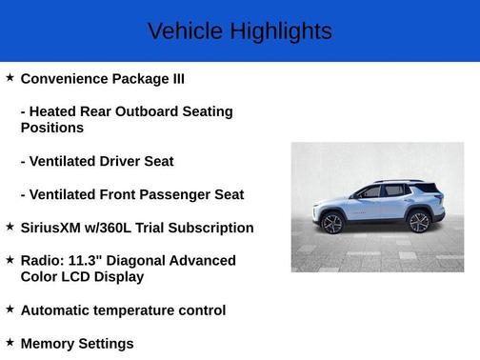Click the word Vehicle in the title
click(x=181, y=31)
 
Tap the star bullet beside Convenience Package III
click(x=10, y=76)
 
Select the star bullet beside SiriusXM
click(x=10, y=226)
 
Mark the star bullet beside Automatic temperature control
click(x=10, y=309)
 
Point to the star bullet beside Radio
click(x=10, y=258)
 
